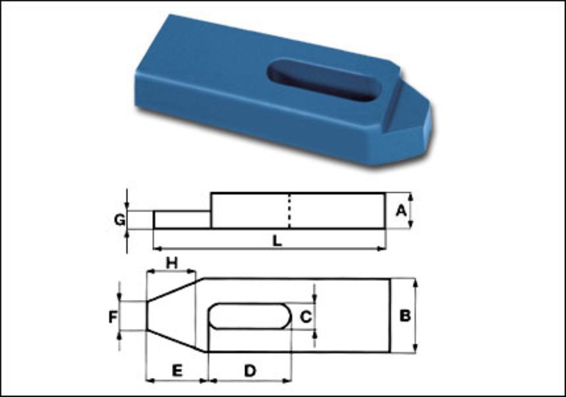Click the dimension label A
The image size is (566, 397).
click(401, 210)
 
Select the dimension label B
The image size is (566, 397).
click(405, 316)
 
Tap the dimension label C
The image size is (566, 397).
click(306, 317)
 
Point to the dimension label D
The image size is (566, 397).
click(250, 370)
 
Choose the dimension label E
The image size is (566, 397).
click(177, 370)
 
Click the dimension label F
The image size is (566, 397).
click(113, 317)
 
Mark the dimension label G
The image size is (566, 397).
click(119, 219)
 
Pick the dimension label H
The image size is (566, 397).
click(172, 263)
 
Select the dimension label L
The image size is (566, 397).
click(277, 241)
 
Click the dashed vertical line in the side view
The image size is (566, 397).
click(289, 211)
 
